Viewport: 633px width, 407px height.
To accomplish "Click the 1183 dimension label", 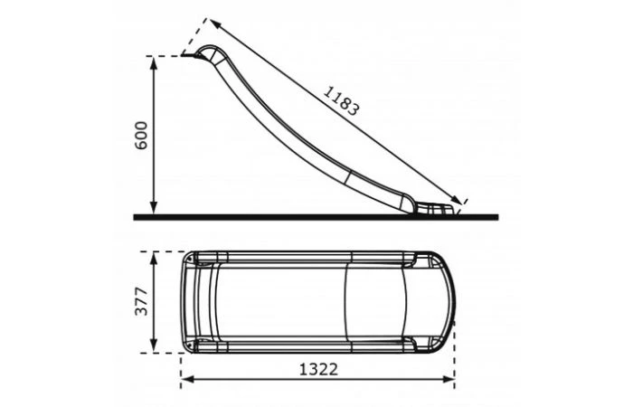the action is point(341,101).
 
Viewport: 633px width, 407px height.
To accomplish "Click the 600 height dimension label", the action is point(141,136).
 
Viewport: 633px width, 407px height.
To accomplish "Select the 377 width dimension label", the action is point(141,301).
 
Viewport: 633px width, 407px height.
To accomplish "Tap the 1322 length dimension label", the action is point(318,369).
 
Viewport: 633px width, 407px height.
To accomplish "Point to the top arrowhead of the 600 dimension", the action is point(154,62).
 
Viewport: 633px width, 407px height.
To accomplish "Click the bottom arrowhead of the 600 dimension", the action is point(154,208).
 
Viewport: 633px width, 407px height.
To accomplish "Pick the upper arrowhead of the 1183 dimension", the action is point(215,24).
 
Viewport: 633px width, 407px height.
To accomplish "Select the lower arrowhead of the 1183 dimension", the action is point(457,200).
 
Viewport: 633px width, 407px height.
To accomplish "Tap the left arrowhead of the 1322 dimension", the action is point(187,379).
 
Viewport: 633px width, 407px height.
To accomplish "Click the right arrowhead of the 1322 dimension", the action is point(449,379).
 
